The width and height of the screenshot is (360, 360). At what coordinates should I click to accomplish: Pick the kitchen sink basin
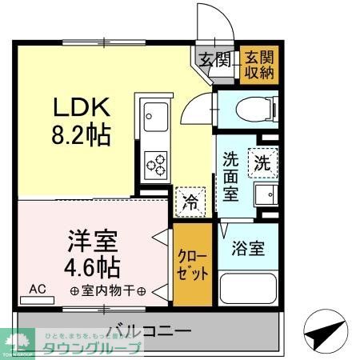(x=154, y=119)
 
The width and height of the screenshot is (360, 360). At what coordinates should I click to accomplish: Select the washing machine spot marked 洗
(x=261, y=161)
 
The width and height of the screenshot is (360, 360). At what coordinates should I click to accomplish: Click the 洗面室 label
(x=230, y=176)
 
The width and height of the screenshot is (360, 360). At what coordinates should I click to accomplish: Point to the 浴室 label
(x=248, y=248)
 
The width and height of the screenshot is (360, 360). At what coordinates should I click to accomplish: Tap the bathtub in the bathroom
(x=247, y=289)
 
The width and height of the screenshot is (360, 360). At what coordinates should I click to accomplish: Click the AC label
(x=38, y=288)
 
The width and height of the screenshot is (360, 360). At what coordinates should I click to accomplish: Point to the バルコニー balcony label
(x=148, y=330)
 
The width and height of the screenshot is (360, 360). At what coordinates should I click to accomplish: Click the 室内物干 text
(x=107, y=290)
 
